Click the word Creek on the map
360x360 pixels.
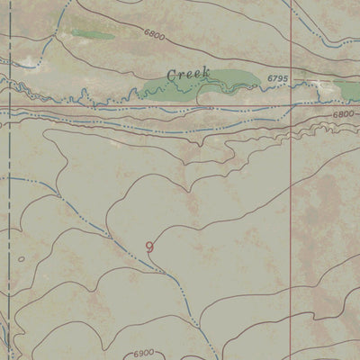click(188, 73)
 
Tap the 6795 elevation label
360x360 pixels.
click(277, 79)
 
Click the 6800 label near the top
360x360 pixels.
click(154, 34)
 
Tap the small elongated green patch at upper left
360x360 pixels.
click(94, 36)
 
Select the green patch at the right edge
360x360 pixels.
click(349, 89)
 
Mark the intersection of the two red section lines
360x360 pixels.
click(292, 105)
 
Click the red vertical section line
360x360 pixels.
click(292, 225)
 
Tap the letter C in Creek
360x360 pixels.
click(170, 74)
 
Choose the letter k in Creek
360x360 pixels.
click(206, 71)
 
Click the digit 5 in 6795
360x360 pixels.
click(285, 79)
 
